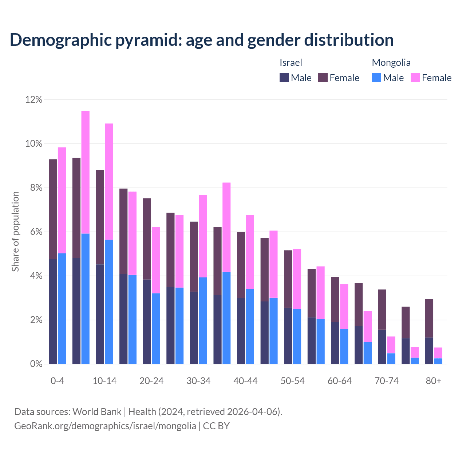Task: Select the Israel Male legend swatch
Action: pyautogui.click(x=284, y=78)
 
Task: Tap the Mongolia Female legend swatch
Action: pyautogui.click(x=415, y=78)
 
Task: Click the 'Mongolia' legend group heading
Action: pyautogui.click(x=391, y=63)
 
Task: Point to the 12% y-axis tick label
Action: pyautogui.click(x=33, y=99)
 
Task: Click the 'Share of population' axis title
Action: pyautogui.click(x=15, y=232)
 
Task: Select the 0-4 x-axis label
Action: pyautogui.click(x=57, y=381)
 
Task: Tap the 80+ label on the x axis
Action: pyautogui.click(x=433, y=381)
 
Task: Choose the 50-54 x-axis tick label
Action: pyautogui.click(x=292, y=381)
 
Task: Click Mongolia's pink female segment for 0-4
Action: pyautogui.click(x=62, y=200)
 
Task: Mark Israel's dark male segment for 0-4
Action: pyautogui.click(x=53, y=311)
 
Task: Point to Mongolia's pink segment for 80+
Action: pyautogui.click(x=438, y=353)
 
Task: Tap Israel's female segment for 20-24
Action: pyautogui.click(x=147, y=239)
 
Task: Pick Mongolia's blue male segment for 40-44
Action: pyautogui.click(x=250, y=326)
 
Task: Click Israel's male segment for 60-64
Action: pyautogui.click(x=335, y=343)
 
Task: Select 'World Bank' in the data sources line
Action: pyautogui.click(x=97, y=412)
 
